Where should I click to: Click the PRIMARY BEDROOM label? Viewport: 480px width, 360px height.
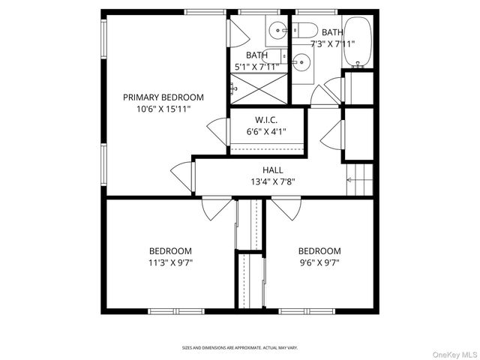pos(163,97)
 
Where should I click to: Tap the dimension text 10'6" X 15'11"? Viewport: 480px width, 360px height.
pos(163,109)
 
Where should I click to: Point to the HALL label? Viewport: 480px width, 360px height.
pos(272,170)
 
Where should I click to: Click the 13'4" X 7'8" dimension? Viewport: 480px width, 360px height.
pos(272,181)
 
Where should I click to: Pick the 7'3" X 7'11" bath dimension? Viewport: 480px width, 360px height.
pos(332,43)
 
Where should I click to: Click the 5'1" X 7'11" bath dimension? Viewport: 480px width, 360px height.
pos(256,66)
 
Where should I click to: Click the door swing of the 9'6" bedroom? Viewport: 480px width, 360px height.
pos(287,208)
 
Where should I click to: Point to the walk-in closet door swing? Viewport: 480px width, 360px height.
pos(218,131)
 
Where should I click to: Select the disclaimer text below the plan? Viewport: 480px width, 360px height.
pos(240,348)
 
